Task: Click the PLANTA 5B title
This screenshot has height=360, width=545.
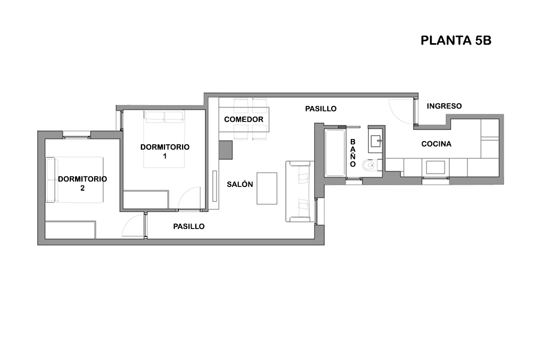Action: tap(456, 40)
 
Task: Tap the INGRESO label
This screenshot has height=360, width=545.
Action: tap(444, 106)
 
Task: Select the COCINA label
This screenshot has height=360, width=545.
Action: tap(436, 144)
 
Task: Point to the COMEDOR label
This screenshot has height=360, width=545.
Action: tap(244, 119)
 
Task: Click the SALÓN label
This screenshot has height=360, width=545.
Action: tap(240, 184)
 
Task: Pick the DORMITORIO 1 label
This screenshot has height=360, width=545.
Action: tap(165, 151)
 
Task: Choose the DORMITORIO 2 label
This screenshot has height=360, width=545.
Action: tap(82, 183)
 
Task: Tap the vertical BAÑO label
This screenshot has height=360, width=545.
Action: tap(353, 153)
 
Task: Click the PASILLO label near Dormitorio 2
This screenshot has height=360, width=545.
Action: tap(189, 226)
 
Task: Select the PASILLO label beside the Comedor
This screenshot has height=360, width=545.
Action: tap(321, 109)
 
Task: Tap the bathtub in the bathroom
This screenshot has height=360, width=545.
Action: tap(335, 153)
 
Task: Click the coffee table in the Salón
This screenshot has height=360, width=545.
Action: tap(267, 188)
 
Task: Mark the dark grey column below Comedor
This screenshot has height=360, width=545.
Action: tap(226, 150)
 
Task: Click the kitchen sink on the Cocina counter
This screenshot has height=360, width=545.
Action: tap(435, 167)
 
